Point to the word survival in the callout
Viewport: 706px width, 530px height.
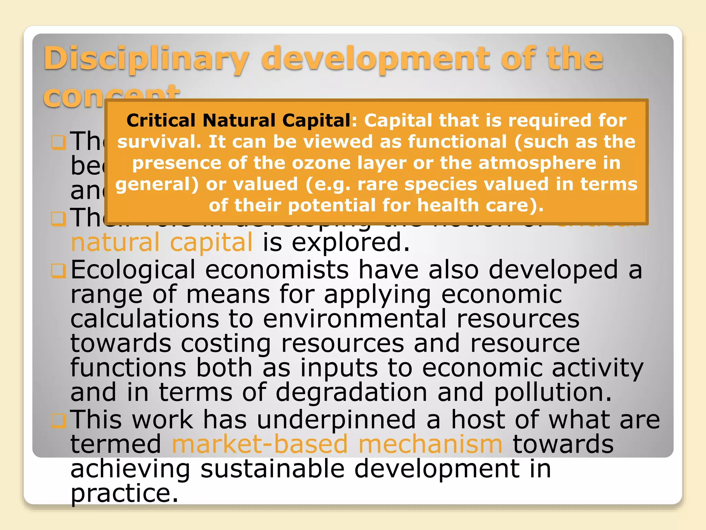click(159, 142)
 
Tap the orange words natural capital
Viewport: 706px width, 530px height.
click(162, 242)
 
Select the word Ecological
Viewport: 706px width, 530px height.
click(133, 270)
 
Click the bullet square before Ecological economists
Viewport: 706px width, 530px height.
click(58, 271)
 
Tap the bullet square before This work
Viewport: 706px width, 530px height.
click(58, 421)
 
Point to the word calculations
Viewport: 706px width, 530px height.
click(145, 319)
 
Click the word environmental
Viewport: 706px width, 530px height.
click(355, 319)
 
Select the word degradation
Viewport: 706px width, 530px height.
click(351, 393)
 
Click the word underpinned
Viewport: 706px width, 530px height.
click(336, 420)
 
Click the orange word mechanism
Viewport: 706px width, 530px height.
click(430, 444)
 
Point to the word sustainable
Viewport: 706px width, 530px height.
click(272, 469)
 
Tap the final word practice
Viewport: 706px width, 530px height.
click(124, 493)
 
